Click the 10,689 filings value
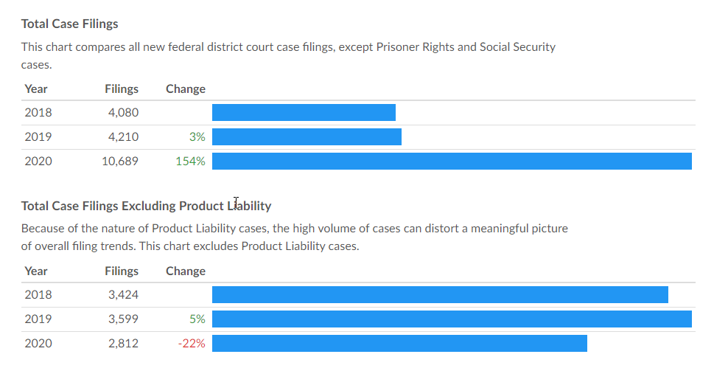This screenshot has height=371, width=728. pyautogui.click(x=119, y=161)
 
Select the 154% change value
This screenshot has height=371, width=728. pyautogui.click(x=190, y=161)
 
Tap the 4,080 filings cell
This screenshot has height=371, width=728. pyautogui.click(x=123, y=113)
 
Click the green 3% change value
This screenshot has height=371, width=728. pyautogui.click(x=197, y=136)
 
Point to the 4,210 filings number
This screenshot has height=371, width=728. pyautogui.click(x=123, y=136)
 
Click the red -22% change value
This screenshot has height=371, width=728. pyautogui.click(x=192, y=343)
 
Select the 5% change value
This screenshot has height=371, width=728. pyautogui.click(x=197, y=319)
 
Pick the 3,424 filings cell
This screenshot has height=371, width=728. pyautogui.click(x=123, y=295)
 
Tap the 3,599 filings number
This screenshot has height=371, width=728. pyautogui.click(x=123, y=319)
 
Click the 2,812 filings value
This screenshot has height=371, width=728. pyautogui.click(x=123, y=343)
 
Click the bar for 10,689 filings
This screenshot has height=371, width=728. pyautogui.click(x=452, y=161)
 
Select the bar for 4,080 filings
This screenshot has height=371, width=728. pyautogui.click(x=304, y=113)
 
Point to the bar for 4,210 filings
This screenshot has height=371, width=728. pyautogui.click(x=307, y=136)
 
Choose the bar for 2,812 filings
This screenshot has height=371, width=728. pyautogui.click(x=399, y=343)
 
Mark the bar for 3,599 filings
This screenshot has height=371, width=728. pyautogui.click(x=452, y=319)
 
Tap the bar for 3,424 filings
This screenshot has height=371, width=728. pyautogui.click(x=440, y=295)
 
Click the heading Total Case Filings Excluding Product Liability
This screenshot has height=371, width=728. pyautogui.click(x=146, y=206)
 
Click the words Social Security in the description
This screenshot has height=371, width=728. pyautogui.click(x=517, y=47)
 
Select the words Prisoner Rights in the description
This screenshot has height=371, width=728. pyautogui.click(x=414, y=47)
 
